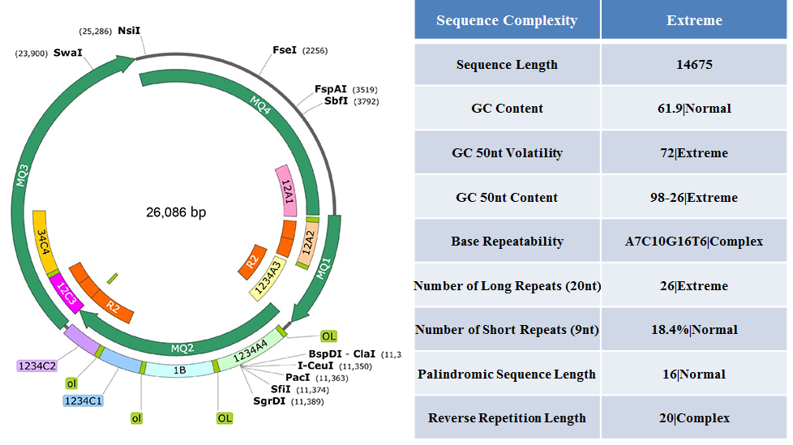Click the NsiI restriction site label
[x=129, y=31]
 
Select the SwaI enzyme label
[x=68, y=53]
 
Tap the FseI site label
[x=285, y=50]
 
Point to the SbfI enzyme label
[x=336, y=101]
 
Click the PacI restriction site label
[x=298, y=378]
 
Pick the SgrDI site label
[x=269, y=401]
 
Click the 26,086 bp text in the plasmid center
[x=176, y=212]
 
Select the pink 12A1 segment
[x=285, y=190]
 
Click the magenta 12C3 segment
[x=66, y=293]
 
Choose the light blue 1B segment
[x=179, y=370]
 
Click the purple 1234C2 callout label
[x=37, y=366]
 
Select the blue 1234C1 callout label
[x=83, y=401]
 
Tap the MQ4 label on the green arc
[x=260, y=105]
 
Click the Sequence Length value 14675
[x=694, y=65]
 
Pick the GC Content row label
[x=507, y=109]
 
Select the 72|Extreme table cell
[x=694, y=153]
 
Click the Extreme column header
[x=694, y=20]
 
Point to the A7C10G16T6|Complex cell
[x=694, y=242]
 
